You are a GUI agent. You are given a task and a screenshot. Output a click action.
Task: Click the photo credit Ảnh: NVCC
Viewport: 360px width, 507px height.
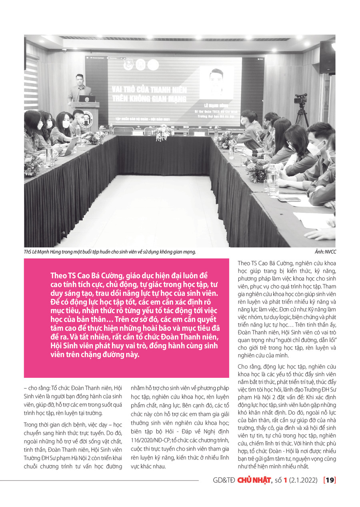tap(324, 252)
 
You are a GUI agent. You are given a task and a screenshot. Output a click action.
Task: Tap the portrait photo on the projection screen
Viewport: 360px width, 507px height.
tap(216, 82)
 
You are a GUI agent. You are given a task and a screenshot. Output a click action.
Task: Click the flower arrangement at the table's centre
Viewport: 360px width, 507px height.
tap(163, 132)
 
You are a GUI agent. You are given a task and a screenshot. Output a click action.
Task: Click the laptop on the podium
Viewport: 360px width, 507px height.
tap(87, 99)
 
